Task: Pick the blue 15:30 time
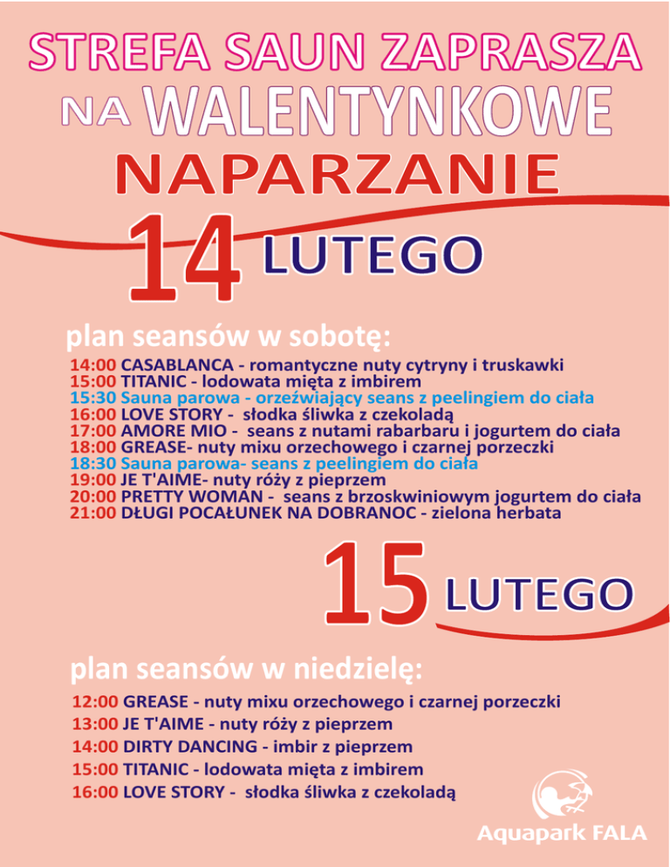(x=92, y=397)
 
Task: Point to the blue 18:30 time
(x=92, y=463)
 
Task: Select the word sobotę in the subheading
(x=336, y=335)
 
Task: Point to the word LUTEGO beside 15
(x=536, y=596)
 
